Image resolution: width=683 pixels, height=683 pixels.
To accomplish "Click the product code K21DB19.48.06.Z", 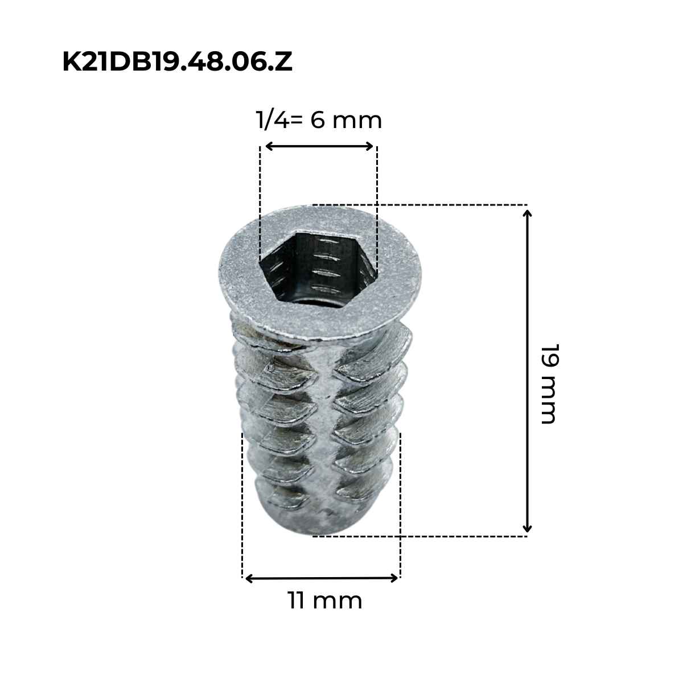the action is coord(177,61).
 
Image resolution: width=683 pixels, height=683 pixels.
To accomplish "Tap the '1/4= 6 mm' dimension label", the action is coord(319,120).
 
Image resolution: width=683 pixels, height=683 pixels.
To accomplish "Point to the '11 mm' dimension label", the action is coord(325,601).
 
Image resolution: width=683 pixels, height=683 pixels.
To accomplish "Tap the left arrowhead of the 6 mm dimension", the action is coord(269,146).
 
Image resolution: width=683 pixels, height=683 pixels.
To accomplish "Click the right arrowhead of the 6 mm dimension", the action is coord(370,146).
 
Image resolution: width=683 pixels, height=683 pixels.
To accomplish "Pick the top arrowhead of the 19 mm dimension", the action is coord(528,214).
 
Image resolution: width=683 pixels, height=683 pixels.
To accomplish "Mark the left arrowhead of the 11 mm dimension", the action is coord(249,579).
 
